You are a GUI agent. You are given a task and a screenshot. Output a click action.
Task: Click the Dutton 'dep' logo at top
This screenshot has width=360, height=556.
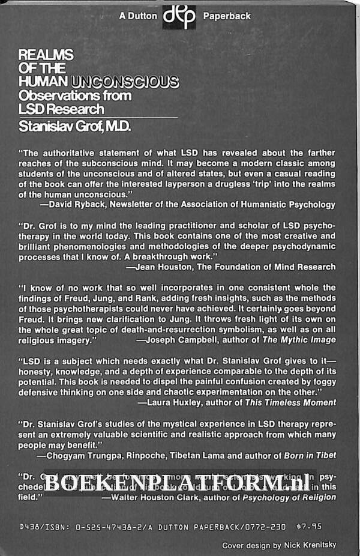coord(179,16)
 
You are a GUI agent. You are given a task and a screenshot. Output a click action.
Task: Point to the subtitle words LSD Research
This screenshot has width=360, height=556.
coord(61,108)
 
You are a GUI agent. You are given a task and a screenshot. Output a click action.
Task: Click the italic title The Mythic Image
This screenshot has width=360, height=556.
coord(305,339)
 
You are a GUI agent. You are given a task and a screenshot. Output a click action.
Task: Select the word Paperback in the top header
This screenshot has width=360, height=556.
coord(227,16)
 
